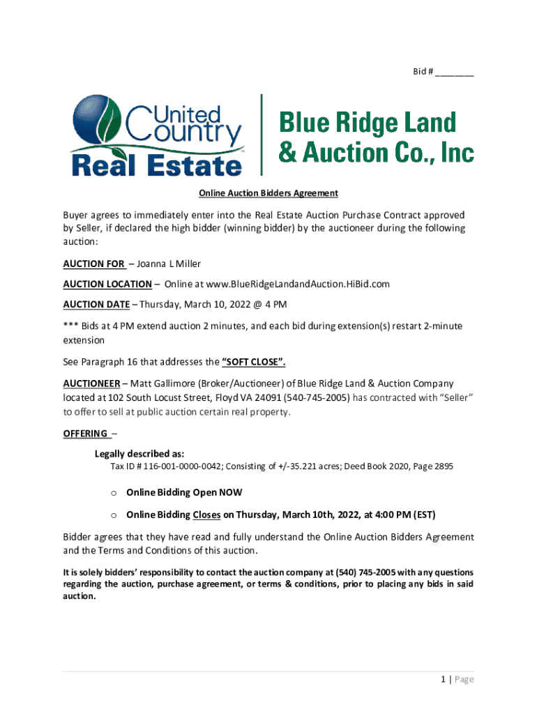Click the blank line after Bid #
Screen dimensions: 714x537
click(455, 73)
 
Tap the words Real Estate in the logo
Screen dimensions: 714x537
click(157, 165)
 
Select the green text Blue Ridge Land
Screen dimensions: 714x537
click(368, 124)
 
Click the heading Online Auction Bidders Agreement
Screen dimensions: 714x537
click(268, 193)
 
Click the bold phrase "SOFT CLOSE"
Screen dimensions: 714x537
click(253, 362)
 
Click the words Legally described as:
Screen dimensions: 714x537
click(139, 453)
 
